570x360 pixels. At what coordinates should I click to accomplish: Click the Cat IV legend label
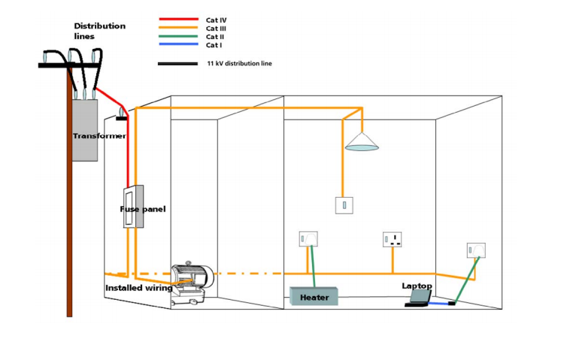pyautogui.click(x=217, y=19)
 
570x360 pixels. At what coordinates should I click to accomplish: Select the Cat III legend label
pyautogui.click(x=217, y=28)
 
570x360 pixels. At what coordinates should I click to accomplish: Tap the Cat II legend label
pyautogui.click(x=215, y=37)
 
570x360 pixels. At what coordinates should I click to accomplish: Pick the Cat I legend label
pyautogui.click(x=214, y=45)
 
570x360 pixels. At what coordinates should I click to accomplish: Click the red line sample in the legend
pyautogui.click(x=177, y=19)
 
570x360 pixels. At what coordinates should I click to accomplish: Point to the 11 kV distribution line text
pyautogui.click(x=239, y=64)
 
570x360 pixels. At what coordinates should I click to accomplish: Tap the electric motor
pyautogui.click(x=193, y=280)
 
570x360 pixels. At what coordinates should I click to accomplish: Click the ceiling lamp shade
pyautogui.click(x=362, y=143)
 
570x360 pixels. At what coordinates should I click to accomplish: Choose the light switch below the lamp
pyautogui.click(x=344, y=204)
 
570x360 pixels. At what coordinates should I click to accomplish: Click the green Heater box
pyautogui.click(x=314, y=297)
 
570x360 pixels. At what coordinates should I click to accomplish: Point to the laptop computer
pyautogui.click(x=419, y=298)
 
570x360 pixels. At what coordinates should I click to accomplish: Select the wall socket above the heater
pyautogui.click(x=308, y=240)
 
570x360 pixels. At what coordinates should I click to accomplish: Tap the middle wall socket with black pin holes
pyautogui.click(x=393, y=241)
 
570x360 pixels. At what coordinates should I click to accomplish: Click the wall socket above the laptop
pyautogui.click(x=476, y=249)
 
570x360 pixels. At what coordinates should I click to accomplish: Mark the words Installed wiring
pyautogui.click(x=138, y=288)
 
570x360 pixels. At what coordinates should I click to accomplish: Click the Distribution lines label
pyautogui.click(x=99, y=31)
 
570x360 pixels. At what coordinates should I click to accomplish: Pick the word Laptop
pyautogui.click(x=417, y=286)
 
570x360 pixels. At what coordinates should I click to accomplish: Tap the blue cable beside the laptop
pyautogui.click(x=441, y=303)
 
